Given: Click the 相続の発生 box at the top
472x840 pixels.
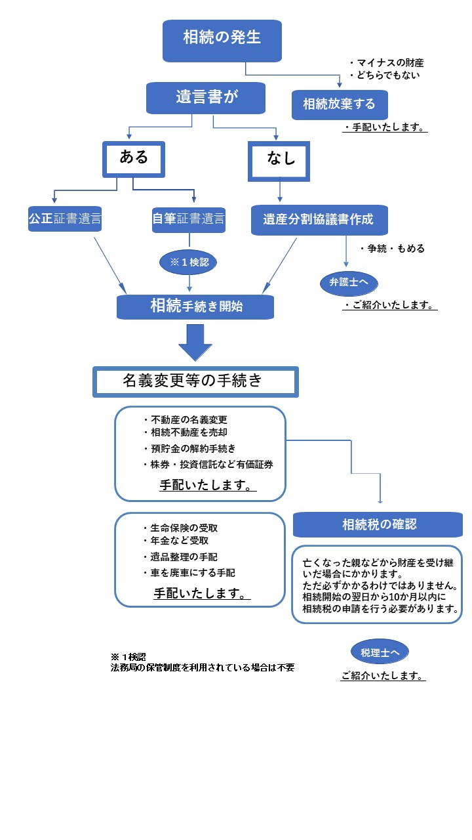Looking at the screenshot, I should (x=222, y=38).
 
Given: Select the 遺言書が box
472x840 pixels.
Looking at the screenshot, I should (x=206, y=98).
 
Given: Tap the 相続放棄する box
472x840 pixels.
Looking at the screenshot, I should (x=340, y=104).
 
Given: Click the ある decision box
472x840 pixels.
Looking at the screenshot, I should (x=133, y=159).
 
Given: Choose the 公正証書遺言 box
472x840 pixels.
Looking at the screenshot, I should (x=65, y=219).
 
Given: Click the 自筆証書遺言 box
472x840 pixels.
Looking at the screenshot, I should (x=189, y=219).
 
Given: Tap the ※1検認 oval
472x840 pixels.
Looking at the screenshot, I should (x=189, y=262).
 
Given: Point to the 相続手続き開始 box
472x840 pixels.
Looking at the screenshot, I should (x=195, y=306).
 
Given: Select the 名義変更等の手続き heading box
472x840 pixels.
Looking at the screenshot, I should (x=195, y=381).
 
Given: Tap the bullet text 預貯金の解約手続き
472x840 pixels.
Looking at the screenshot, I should (x=189, y=448).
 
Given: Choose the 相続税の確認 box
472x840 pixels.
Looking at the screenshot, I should (x=379, y=524).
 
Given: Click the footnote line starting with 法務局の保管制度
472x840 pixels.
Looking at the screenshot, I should (x=203, y=668).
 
